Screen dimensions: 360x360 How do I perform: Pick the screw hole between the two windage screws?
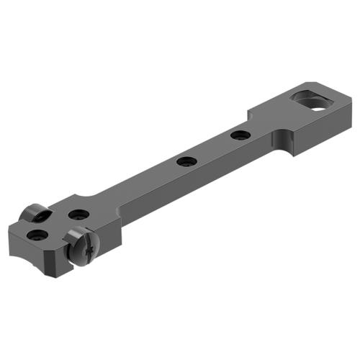78,215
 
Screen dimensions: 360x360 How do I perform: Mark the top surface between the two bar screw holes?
212,148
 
